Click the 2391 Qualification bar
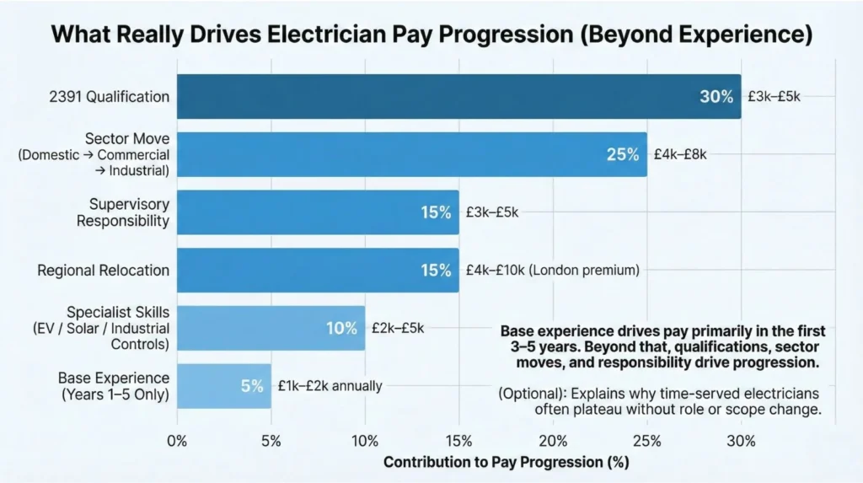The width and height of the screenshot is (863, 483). [x=459, y=96]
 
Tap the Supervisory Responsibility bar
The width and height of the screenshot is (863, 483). [x=318, y=212]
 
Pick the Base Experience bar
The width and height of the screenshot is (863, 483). [x=224, y=386]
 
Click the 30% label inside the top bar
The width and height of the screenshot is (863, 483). [x=716, y=97]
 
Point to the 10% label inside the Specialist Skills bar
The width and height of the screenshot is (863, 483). [x=341, y=329]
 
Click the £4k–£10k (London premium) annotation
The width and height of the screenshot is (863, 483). [x=553, y=271]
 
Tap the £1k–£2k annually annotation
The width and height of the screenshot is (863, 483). [x=330, y=386]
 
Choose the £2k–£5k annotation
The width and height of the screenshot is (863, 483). [x=399, y=329]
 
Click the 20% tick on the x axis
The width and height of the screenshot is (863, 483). [x=553, y=441]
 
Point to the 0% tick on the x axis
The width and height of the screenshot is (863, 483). [x=178, y=441]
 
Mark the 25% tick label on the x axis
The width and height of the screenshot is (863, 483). [x=647, y=441]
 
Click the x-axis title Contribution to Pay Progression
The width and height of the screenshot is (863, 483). [x=506, y=463]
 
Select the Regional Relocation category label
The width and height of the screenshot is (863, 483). [x=103, y=271]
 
